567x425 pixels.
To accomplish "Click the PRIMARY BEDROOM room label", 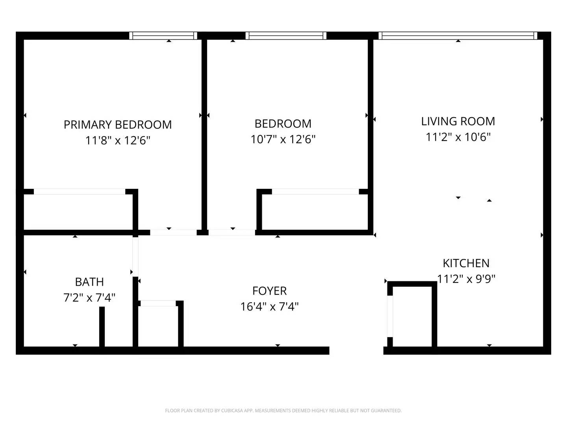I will tap(118, 125).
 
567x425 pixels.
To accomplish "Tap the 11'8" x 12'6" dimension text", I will tap(118, 140).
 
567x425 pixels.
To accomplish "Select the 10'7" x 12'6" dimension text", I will tap(283, 139).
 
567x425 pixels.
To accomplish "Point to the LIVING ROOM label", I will tap(458, 121).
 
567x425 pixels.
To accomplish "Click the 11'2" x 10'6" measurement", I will tap(458, 137).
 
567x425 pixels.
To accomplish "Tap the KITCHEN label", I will tap(466, 263).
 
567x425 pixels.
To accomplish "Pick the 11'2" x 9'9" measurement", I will tap(466, 279).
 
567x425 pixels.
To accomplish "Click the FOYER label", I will tap(269, 291).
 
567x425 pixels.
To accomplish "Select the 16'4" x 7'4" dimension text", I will tap(269, 307).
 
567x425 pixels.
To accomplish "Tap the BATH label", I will tap(89, 282).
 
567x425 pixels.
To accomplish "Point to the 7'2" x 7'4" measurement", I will tap(89, 297).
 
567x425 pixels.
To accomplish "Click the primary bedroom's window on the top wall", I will tap(163, 36).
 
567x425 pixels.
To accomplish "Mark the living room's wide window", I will tap(458, 36).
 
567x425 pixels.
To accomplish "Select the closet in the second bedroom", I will tap(315, 212).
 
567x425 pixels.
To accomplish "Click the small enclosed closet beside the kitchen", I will tap(412, 317).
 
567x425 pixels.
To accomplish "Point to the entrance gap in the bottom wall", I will tap(356, 351).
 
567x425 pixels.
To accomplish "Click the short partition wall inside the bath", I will tap(102, 327).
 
